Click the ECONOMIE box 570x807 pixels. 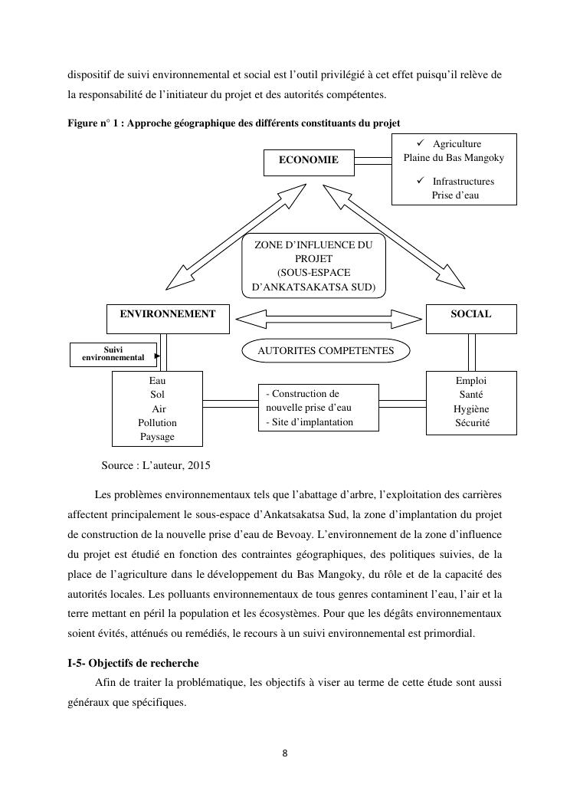(x=309, y=161)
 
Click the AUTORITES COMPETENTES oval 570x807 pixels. (x=326, y=351)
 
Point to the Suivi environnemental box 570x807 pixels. (x=113, y=354)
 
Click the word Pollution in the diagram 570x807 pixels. (x=157, y=423)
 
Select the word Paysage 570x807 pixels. (x=157, y=437)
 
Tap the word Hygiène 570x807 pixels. (x=471, y=409)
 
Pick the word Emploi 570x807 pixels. (x=471, y=381)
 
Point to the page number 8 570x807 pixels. (x=285, y=753)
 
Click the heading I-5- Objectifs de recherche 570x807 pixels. (x=133, y=663)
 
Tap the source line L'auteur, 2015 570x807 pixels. (x=156, y=465)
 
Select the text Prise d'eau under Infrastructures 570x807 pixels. (x=454, y=195)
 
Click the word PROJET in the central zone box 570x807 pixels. (x=313, y=259)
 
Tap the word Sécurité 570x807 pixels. (x=472, y=423)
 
